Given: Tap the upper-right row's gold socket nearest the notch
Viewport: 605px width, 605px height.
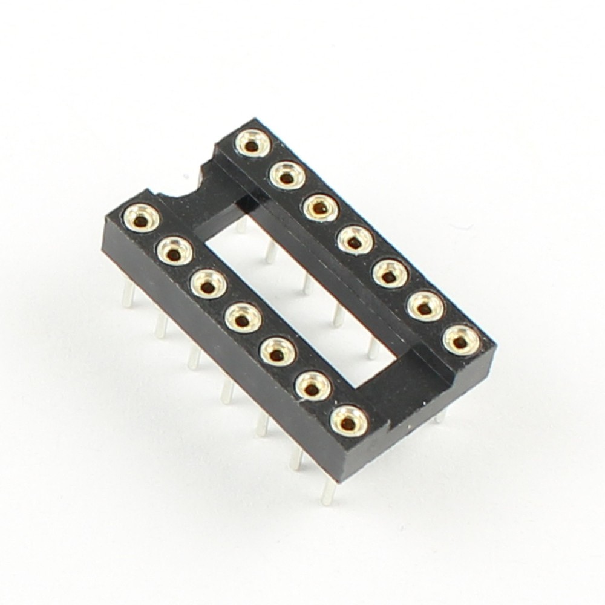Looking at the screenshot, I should [250, 142].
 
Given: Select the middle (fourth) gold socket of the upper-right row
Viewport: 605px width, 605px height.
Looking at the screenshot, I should [353, 241].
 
